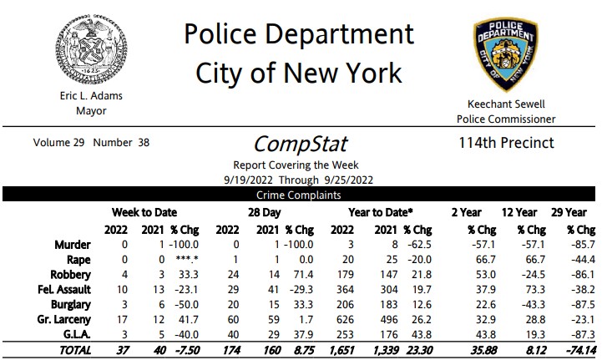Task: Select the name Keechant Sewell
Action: tap(506, 104)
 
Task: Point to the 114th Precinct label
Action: tap(506, 142)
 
